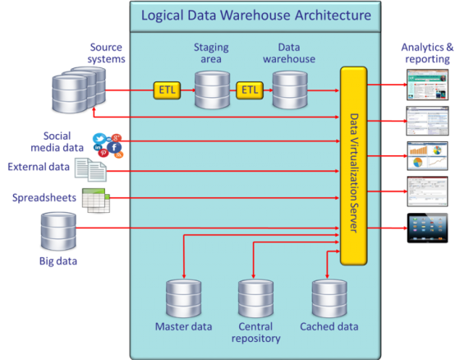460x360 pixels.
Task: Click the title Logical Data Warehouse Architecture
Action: coord(255,16)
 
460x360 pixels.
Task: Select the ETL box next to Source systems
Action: coord(167,89)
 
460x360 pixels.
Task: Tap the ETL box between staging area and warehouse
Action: coord(249,89)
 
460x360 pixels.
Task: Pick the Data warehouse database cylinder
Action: coord(288,90)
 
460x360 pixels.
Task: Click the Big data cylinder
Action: coord(58,231)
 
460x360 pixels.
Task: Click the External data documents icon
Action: coord(90,169)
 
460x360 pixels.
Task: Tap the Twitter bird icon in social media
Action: coord(100,140)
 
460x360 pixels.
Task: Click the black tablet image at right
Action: coord(428,228)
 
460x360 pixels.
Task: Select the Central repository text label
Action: coord(255,333)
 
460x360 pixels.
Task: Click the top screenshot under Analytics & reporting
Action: coord(428,83)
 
